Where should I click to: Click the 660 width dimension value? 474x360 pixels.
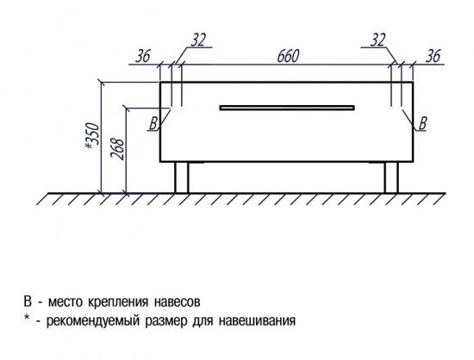[x=289, y=56]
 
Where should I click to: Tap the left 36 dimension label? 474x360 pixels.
[x=143, y=56]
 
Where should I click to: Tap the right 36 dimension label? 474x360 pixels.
[x=433, y=56]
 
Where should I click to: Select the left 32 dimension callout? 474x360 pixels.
[x=198, y=40]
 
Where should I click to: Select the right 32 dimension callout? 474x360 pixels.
[x=377, y=40]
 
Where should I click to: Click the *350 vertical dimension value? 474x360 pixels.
[x=92, y=136]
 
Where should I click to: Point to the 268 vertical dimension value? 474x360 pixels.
[x=117, y=149]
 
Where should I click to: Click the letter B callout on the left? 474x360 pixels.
[x=153, y=123]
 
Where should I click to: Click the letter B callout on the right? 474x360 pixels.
[x=423, y=123]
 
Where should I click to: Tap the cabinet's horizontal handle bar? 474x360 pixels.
[x=287, y=108]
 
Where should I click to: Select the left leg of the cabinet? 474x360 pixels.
[x=182, y=177]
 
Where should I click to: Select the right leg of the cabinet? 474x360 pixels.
[x=391, y=177]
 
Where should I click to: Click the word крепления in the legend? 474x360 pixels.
[x=118, y=302]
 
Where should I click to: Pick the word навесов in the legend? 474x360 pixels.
[x=178, y=301]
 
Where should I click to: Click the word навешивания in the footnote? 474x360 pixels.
[x=257, y=320]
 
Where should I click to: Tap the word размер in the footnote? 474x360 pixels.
[x=166, y=321]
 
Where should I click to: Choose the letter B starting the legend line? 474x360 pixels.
[x=28, y=301]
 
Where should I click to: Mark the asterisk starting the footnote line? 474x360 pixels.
[x=28, y=318]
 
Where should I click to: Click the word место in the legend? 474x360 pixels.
[x=65, y=301]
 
